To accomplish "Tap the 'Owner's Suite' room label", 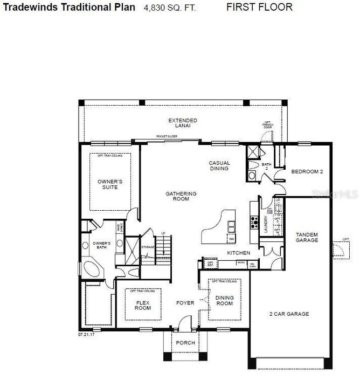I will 110,185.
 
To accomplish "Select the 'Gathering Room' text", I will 181,196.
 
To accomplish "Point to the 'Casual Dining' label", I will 219,165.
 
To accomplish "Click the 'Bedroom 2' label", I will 307,172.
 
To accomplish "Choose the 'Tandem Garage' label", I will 307,237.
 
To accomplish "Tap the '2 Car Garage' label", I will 289,314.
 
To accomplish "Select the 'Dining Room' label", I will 224,300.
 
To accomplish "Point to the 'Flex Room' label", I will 143,305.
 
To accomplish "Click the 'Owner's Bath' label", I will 101,246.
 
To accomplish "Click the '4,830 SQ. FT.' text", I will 170,8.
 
